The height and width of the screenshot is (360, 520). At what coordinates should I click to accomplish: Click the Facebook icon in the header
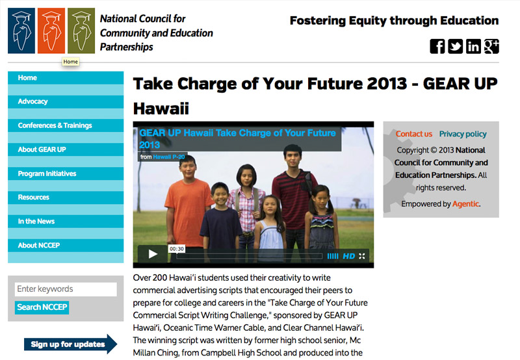pos(437,46)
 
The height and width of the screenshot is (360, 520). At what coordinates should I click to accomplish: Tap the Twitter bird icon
pos(455,46)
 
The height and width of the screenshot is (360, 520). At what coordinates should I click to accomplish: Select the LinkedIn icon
pos(473,46)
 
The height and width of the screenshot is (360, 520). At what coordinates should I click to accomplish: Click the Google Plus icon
pos(491,46)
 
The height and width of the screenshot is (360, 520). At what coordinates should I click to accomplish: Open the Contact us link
pos(413,134)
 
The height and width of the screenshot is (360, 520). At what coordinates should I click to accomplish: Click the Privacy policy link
pos(463,134)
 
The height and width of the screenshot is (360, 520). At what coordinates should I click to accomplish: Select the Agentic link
pos(465,204)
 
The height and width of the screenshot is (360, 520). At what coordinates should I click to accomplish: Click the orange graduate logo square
pos(51,31)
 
